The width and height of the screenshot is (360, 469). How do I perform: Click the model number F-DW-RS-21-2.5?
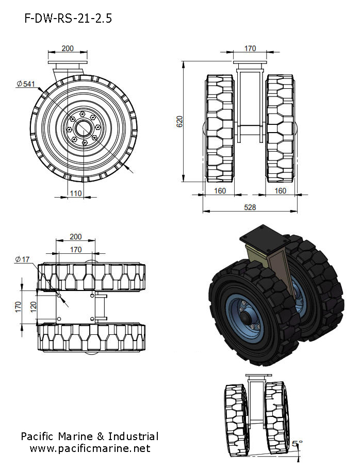click(x=68, y=19)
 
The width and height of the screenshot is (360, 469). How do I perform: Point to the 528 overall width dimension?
click(x=250, y=207)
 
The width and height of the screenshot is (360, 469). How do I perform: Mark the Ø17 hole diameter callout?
click(x=23, y=260)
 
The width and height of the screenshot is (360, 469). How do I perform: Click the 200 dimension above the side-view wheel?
click(x=67, y=48)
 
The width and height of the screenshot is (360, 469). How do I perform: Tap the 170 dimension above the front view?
click(x=250, y=48)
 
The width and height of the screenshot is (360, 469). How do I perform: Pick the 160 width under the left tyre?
click(x=220, y=191)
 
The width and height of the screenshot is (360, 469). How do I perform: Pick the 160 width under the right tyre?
click(x=281, y=191)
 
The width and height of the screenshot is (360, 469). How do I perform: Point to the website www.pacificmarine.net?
click(x=90, y=448)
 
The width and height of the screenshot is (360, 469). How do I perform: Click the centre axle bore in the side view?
click(x=83, y=126)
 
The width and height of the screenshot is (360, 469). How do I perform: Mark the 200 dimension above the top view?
click(x=75, y=237)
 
